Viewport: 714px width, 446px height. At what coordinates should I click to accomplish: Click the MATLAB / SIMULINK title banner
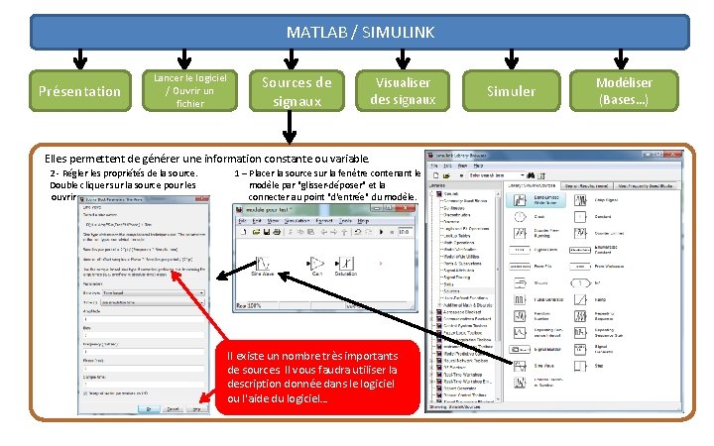[x=360, y=33]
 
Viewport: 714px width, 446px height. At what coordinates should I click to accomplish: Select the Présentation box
[x=78, y=92]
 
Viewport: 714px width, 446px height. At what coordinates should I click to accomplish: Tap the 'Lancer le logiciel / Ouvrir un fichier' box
[x=188, y=91]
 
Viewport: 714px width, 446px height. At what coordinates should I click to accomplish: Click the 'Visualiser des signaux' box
[x=402, y=91]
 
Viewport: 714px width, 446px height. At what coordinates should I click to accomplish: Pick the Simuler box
[x=511, y=91]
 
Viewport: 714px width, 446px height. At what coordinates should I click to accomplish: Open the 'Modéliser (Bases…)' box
[x=623, y=91]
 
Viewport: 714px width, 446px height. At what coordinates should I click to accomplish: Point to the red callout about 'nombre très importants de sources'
[x=311, y=378]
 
